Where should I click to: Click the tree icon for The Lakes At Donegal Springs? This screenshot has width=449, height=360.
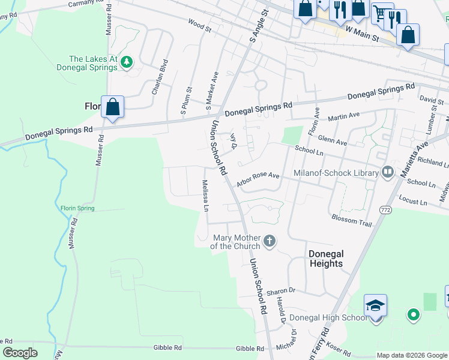coord(126,61)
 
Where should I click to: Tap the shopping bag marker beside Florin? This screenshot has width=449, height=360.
coord(112,108)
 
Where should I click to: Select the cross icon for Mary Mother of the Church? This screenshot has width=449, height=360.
coord(270,241)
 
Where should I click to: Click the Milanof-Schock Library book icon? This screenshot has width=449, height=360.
coord(387,173)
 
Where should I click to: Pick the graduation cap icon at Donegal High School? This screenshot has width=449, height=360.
coord(376,307)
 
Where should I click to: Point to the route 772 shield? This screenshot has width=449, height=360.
coord(385,209)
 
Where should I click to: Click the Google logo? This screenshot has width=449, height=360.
coord(20,353)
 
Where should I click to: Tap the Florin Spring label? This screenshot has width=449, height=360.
coord(77,208)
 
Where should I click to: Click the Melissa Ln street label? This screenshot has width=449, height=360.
coord(205,196)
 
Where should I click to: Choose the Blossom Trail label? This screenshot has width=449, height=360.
coord(352,220)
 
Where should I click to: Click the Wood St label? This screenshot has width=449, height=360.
coord(200,27)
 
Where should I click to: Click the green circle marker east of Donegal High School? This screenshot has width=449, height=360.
coord(413,314)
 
